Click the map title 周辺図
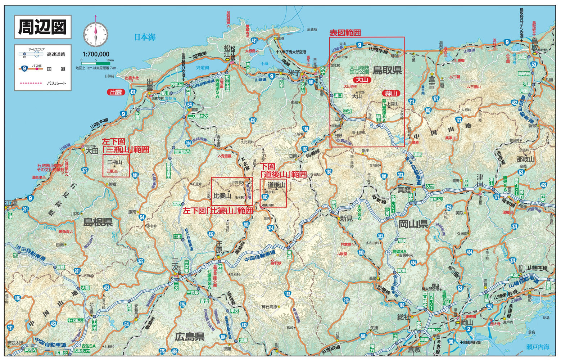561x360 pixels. coord(42,27)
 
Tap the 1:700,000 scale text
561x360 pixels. coord(96,54)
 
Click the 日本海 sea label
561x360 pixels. coord(145,37)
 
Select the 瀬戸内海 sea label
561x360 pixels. coord(538,347)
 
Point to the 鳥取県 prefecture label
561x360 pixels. coord(387,70)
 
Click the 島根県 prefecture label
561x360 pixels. coord(98,222)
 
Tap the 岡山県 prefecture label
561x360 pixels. coord(413,224)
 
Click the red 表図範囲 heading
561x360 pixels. coord(345,33)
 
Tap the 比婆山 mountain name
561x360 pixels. coord(222,196)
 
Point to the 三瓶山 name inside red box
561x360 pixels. coord(115,162)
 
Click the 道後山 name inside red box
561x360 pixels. coord(276,185)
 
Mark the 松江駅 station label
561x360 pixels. coord(230,54)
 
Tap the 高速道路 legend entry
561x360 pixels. coord(56,54)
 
